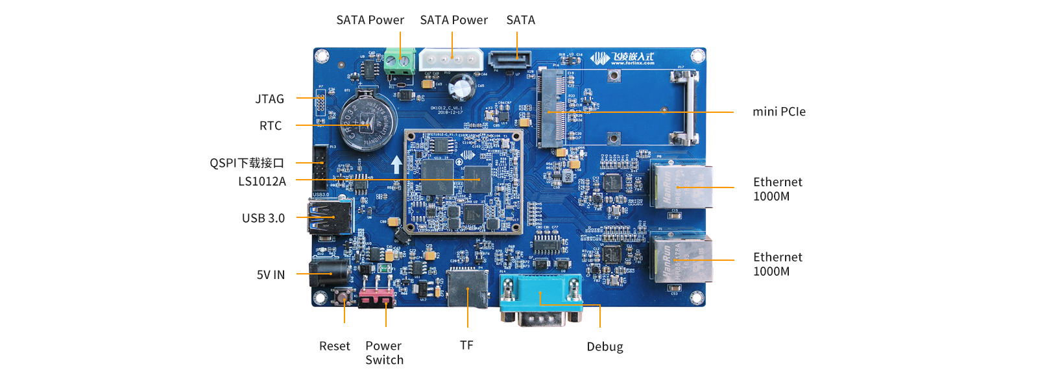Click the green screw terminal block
pyautogui.click(x=399, y=62)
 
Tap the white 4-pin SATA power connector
pyautogui.click(x=451, y=60)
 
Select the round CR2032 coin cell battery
pyautogui.click(x=368, y=123)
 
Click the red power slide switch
pyautogui.click(x=376, y=298)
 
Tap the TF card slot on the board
pyautogui.click(x=467, y=289)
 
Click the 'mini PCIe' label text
pyautogui.click(x=779, y=112)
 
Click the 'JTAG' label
pyautogui.click(x=269, y=99)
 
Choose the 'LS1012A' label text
pyautogui.click(x=262, y=182)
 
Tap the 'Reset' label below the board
pyautogui.click(x=334, y=346)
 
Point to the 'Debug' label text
pyautogui.click(x=605, y=346)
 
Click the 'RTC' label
pyautogui.click(x=271, y=126)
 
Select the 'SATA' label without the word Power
pyautogui.click(x=520, y=20)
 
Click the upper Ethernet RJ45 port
pyautogui.click(x=681, y=186)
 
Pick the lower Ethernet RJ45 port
pyautogui.click(x=681, y=260)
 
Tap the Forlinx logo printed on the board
pyautogui.click(x=622, y=58)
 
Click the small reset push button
pyautogui.click(x=343, y=298)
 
